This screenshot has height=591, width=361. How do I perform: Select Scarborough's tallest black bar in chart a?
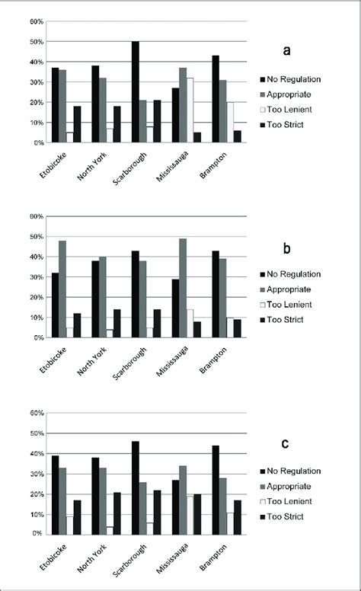[x=135, y=92]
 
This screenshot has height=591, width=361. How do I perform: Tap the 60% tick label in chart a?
[x=37, y=21]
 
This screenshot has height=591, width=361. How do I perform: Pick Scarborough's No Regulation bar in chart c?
[x=135, y=487]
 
